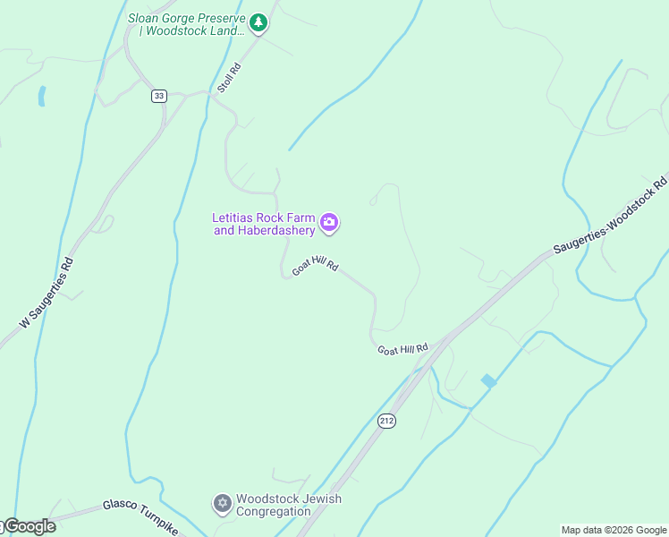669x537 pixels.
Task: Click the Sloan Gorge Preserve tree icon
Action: coord(258,23)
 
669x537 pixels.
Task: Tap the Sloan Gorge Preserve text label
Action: coord(186,24)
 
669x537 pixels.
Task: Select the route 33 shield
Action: coord(158,96)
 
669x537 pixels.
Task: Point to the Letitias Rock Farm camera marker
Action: coord(329,223)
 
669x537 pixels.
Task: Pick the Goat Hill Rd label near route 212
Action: coord(402,348)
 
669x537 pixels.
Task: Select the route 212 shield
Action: coord(386,420)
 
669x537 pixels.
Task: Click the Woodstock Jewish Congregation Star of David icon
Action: coord(222,505)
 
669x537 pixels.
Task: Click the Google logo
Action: coord(29,527)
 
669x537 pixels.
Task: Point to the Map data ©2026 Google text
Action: coord(614,530)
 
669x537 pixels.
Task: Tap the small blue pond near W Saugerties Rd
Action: coord(41,97)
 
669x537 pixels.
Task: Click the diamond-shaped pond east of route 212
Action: coord(488,380)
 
